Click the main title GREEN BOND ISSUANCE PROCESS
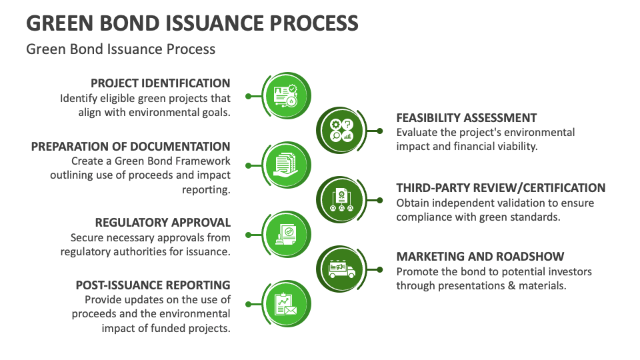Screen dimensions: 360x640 pos(192,23)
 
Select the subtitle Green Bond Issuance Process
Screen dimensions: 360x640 pos(121,49)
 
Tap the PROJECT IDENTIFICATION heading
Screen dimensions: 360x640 pos(160,83)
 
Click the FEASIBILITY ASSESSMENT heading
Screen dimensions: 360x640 pos(466,118)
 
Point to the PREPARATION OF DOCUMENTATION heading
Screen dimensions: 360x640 pos(131,147)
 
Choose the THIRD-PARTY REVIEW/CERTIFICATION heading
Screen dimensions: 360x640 pos(501,188)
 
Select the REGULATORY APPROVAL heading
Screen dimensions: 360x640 pos(163,223)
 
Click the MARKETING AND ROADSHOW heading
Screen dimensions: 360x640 pos(480,257)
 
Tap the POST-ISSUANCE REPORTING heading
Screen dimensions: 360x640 pos(153,285)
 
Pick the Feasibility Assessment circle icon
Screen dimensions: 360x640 pos(341,131)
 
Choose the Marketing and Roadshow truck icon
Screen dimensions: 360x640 pos(341,269)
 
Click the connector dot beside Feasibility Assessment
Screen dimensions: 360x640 pos(379,131)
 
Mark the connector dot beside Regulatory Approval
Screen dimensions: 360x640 pos(248,234)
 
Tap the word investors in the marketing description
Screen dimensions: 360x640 pos(569,272)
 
